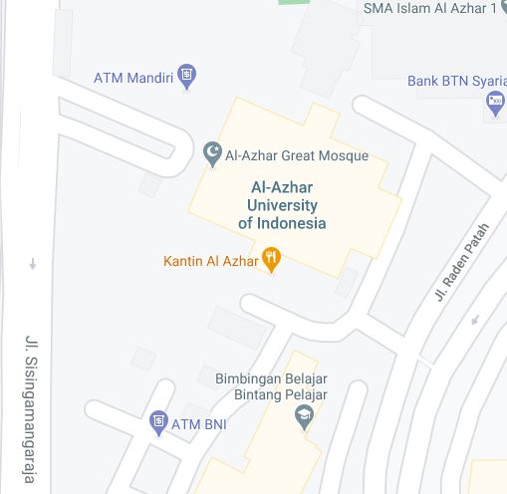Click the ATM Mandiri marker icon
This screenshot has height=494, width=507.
pyautogui.click(x=186, y=78)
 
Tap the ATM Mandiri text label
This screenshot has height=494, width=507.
pyautogui.click(x=133, y=78)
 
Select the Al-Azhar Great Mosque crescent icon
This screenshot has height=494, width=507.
pyautogui.click(x=212, y=154)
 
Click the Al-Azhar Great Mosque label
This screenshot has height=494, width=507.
pyautogui.click(x=297, y=155)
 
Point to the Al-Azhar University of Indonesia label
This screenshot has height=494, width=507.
pyautogui.click(x=282, y=205)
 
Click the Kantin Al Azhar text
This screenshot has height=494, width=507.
pyautogui.click(x=210, y=262)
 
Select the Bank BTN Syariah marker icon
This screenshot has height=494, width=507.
pyautogui.click(x=495, y=103)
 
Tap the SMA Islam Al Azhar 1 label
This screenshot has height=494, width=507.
pyautogui.click(x=429, y=9)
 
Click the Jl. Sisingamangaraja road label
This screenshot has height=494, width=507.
pyautogui.click(x=31, y=408)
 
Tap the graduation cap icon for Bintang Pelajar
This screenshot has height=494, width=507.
pyautogui.click(x=305, y=417)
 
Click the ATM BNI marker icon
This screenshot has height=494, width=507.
pyautogui.click(x=158, y=423)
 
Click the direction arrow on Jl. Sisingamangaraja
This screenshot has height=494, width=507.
pyautogui.click(x=33, y=264)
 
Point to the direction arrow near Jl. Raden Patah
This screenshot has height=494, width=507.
pyautogui.click(x=475, y=320)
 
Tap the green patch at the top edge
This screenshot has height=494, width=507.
pyautogui.click(x=293, y=2)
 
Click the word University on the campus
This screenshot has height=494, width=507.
pyautogui.click(x=282, y=205)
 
